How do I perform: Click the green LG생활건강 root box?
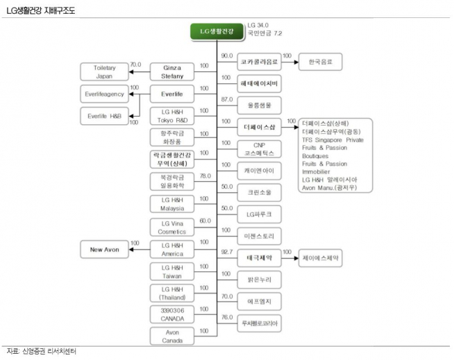coord(217,32)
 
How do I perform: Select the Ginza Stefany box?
coord(172,71)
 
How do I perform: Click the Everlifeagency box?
coord(103,94)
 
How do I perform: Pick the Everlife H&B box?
coord(103,116)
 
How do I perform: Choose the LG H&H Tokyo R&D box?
coord(172,116)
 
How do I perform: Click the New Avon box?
coord(103,248)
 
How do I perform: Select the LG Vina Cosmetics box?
coord(172,226)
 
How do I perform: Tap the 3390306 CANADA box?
coord(172,314)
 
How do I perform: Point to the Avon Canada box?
coord(172,336)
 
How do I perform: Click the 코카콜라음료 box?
coord(259,62)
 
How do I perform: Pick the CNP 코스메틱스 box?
coord(259,148)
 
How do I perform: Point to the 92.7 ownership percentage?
coord(226,252)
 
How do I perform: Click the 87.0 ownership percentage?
coord(226,99)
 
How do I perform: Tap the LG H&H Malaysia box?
coord(172,204)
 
